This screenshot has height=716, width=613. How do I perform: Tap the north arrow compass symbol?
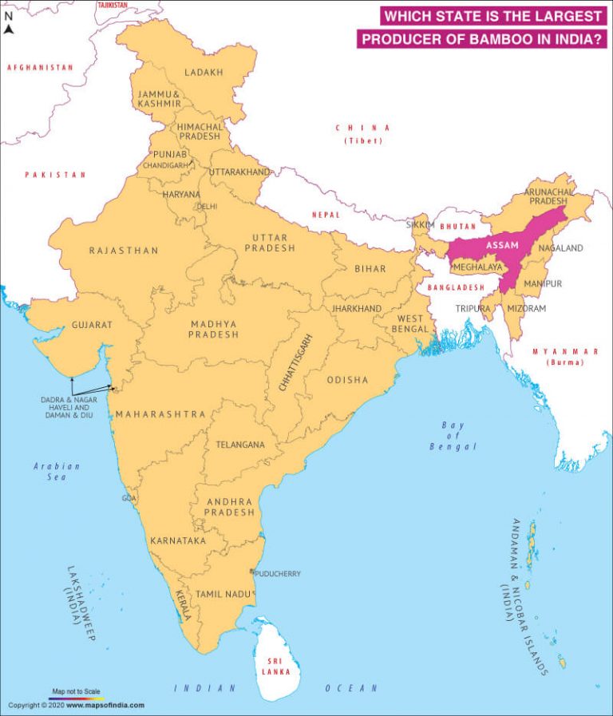9,29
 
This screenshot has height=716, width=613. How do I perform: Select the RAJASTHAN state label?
124,251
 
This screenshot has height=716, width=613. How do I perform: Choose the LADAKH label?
204,73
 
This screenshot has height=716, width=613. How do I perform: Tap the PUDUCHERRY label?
277,574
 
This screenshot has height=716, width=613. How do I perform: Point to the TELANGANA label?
240,445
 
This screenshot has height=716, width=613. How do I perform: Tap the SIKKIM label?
421,226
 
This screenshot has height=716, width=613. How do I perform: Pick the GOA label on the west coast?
129,498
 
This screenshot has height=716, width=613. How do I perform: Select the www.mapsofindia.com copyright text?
105,705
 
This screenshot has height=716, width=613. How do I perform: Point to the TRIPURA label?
473,308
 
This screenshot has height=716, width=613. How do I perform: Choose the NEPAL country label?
326,215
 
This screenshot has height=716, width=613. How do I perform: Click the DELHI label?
207,206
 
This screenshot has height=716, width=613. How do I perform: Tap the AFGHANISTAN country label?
40,68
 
